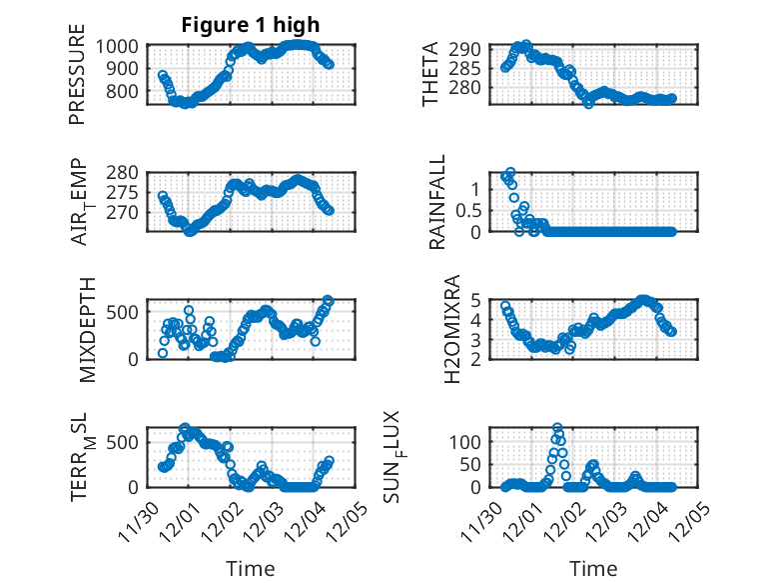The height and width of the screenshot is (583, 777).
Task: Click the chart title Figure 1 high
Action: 250,25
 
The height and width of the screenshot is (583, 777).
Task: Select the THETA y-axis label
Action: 430,74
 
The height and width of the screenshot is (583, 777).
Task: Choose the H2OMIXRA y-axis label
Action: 452,328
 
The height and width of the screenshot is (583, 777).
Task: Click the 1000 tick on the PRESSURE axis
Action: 121,46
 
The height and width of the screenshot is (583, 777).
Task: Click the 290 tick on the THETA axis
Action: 472,49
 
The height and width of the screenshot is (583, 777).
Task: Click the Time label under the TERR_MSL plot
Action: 250,568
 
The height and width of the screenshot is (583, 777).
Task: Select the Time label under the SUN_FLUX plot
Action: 593,568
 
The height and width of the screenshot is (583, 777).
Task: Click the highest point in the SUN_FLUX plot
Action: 557,428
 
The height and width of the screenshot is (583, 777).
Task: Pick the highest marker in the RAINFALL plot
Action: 510,172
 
